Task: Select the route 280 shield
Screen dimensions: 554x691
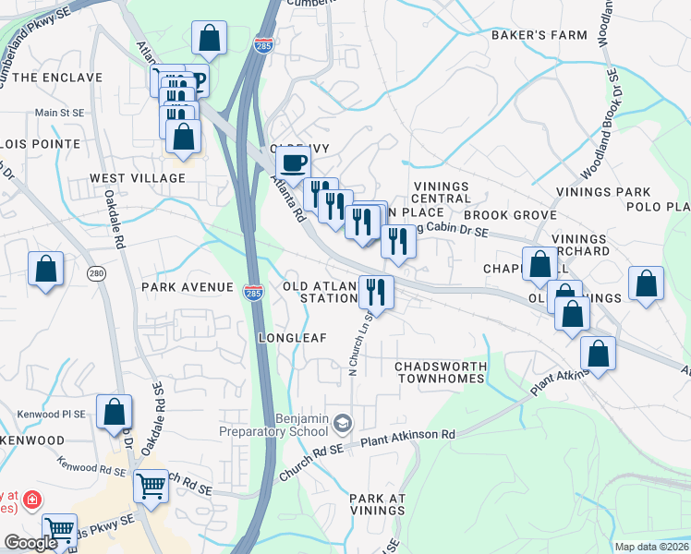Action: click(95, 273)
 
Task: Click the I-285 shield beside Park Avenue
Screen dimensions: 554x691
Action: click(253, 293)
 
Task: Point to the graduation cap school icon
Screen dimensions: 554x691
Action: click(343, 424)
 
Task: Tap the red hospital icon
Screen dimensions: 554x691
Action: click(32, 500)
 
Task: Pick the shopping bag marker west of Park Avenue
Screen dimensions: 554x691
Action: click(45, 270)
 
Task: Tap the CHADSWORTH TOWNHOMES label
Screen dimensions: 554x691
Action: click(441, 373)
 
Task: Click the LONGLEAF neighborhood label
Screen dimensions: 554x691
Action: click(293, 338)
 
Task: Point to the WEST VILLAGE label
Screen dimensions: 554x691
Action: click(138, 177)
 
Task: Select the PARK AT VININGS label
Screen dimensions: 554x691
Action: click(377, 505)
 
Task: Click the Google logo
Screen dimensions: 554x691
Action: click(30, 543)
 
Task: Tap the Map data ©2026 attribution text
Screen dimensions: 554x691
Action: click(651, 547)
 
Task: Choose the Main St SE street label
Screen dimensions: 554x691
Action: click(60, 114)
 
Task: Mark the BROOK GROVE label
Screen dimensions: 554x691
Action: click(518, 214)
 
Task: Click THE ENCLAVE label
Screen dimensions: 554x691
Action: click(56, 78)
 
